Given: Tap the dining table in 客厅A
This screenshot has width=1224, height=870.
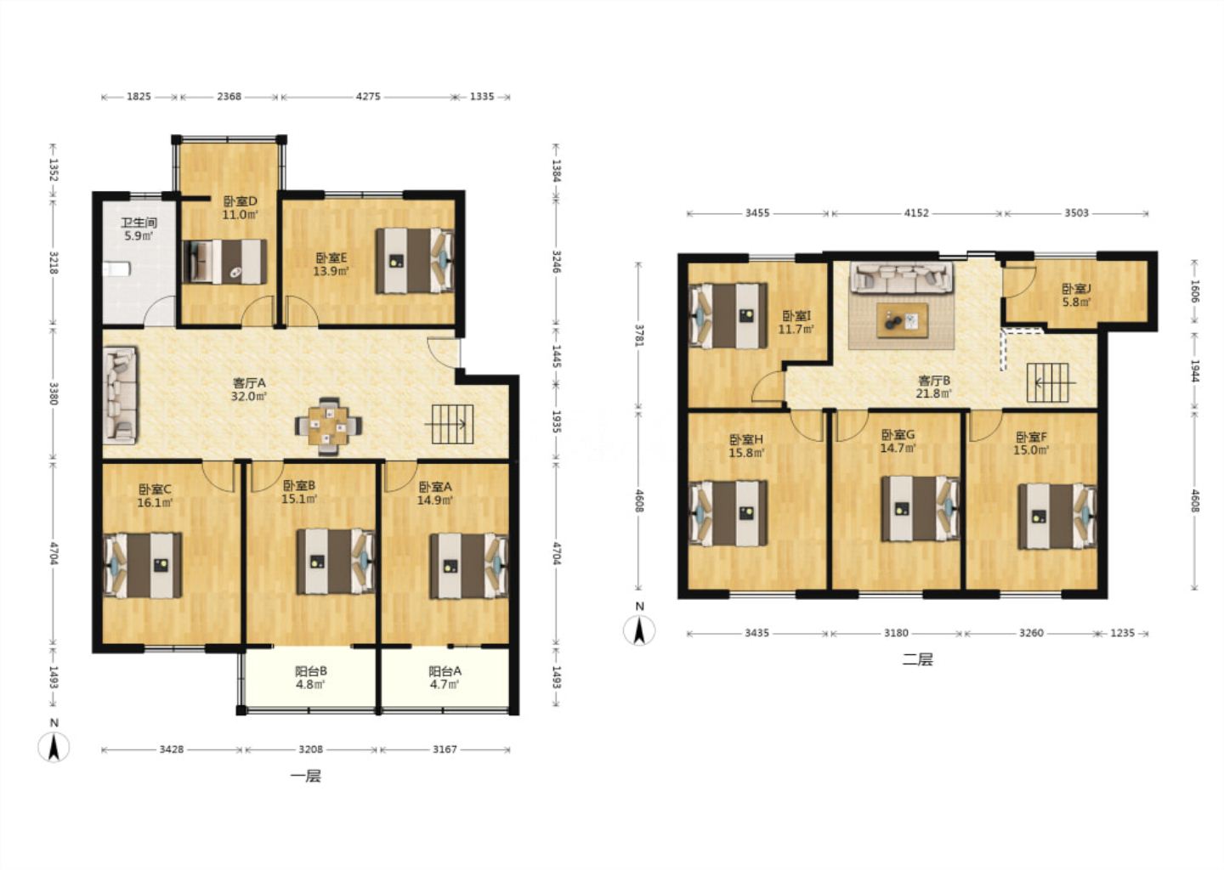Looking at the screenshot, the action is pyautogui.click(x=328, y=426).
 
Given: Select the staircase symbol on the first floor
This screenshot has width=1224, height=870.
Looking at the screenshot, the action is pyautogui.click(x=452, y=424).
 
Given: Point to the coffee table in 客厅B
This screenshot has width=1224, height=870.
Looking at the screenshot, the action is pyautogui.click(x=902, y=320).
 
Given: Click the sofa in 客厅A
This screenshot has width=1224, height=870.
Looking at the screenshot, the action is pyautogui.click(x=120, y=395).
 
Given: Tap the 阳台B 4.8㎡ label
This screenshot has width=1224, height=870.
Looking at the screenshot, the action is pyautogui.click(x=310, y=677).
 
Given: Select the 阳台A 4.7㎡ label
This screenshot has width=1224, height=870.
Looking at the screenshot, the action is pyautogui.click(x=445, y=677).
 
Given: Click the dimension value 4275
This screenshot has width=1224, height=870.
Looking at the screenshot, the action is pyautogui.click(x=368, y=97).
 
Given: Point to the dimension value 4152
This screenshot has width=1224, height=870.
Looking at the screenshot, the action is pyautogui.click(x=915, y=213).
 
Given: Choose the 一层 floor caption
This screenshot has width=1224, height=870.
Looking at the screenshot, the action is pyautogui.click(x=305, y=776).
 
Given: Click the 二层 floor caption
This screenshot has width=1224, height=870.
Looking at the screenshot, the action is pyautogui.click(x=917, y=660).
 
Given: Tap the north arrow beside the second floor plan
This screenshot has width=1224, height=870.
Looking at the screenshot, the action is pyautogui.click(x=639, y=630).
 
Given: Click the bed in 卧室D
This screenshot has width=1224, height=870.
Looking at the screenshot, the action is pyautogui.click(x=224, y=262).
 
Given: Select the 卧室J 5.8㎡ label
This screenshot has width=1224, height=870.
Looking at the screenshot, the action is pyautogui.click(x=1076, y=295).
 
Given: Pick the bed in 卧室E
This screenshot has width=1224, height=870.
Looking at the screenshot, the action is pyautogui.click(x=415, y=261).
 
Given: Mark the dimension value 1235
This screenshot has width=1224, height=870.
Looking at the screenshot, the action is pyautogui.click(x=1122, y=633).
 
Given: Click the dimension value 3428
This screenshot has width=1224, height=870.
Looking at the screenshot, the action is pyautogui.click(x=171, y=749).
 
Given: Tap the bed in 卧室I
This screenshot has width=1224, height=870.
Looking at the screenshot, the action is pyautogui.click(x=728, y=315).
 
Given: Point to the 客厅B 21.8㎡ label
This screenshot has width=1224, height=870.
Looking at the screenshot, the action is pyautogui.click(x=934, y=387).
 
